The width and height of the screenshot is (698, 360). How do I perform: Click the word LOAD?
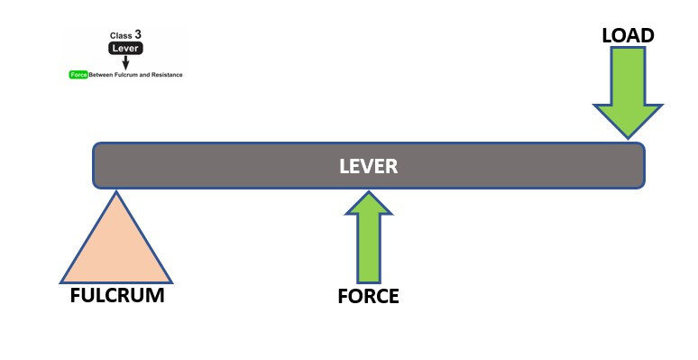click(628, 36)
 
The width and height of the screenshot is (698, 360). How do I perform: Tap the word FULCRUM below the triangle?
click(117, 295)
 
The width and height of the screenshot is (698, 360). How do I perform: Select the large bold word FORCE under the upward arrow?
click(368, 296)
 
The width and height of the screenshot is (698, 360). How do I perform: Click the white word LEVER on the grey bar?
click(368, 166)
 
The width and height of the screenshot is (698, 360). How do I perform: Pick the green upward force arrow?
click(369, 237)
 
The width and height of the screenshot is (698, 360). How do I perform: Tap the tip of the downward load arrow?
click(628, 139)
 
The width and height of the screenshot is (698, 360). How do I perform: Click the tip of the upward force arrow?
click(369, 191)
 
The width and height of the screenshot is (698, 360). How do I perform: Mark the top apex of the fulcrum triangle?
click(116, 191)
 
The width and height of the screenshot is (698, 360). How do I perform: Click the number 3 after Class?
click(138, 34)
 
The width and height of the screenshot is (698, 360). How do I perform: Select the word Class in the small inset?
click(121, 36)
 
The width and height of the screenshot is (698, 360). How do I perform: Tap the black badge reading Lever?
click(125, 49)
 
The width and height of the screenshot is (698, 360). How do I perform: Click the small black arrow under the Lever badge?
click(125, 62)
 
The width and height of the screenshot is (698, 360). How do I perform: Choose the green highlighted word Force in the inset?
click(78, 75)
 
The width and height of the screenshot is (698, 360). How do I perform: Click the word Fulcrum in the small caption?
click(126, 75)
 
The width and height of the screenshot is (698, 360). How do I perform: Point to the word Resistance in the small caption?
click(167, 75)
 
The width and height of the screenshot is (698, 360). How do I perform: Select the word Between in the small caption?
click(101, 75)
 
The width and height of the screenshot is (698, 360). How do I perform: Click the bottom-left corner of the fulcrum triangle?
click(60, 283)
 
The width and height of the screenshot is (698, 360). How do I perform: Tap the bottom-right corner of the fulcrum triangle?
click(172, 283)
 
